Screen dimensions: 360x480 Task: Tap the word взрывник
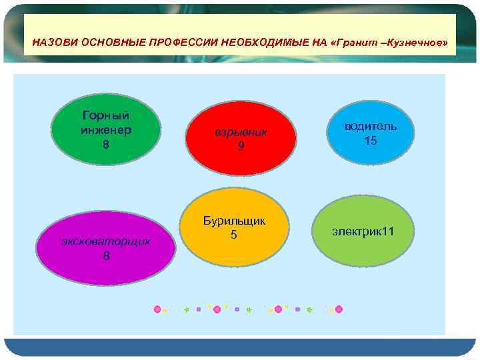[x=241, y=132]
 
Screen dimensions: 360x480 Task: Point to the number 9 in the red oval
[x=241, y=146]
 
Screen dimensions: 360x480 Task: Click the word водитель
[x=371, y=126]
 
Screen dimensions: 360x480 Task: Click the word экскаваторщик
[x=107, y=241]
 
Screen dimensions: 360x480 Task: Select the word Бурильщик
[x=234, y=221]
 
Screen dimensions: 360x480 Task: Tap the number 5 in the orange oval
[x=234, y=235]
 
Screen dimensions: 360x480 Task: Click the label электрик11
[x=363, y=231]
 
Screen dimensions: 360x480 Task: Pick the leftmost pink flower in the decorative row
[x=158, y=309]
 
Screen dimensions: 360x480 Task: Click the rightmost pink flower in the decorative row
[x=339, y=309]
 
